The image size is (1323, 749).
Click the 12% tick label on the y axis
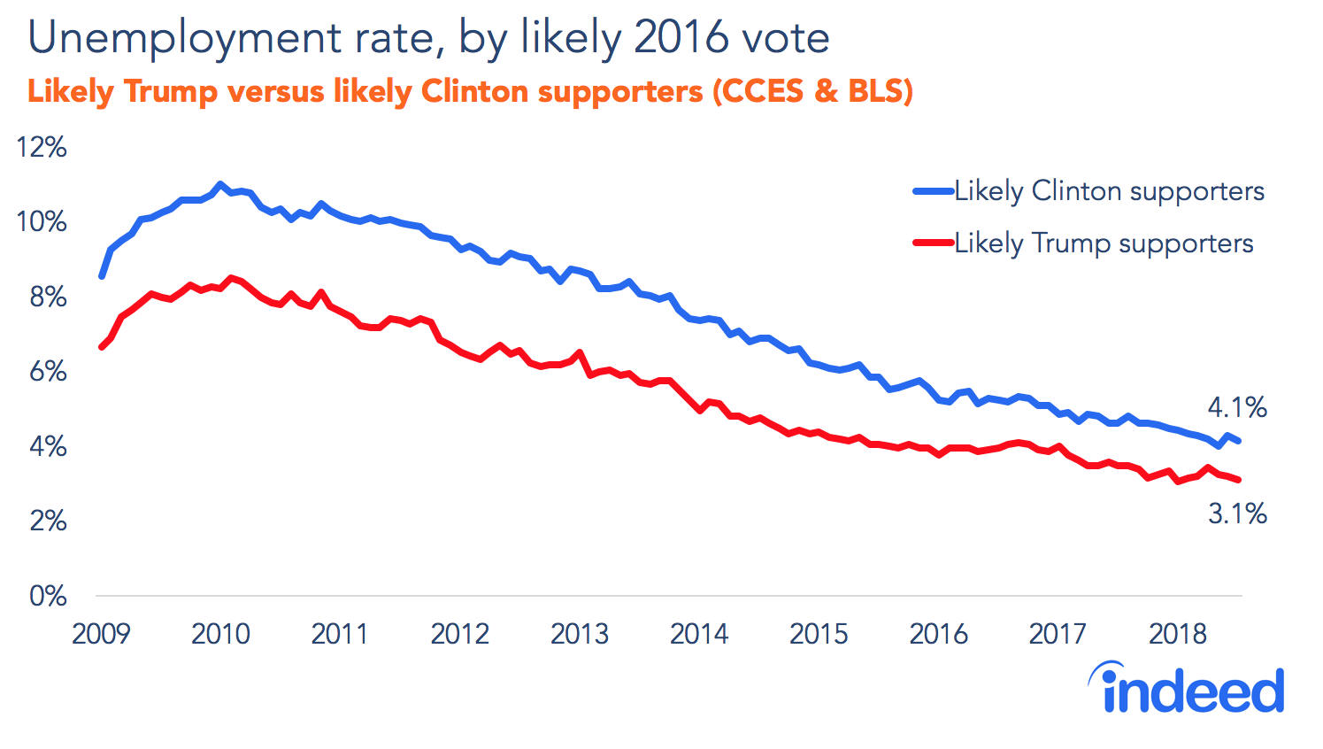42,147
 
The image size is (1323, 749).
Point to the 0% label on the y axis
48,596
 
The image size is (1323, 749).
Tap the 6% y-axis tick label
48,371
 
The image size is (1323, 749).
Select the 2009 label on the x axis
101,634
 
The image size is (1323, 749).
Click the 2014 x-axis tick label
699,634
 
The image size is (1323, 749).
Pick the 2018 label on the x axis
1177,634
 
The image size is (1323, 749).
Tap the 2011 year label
340,634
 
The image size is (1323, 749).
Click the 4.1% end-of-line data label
1236,407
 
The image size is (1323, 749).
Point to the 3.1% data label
1237,513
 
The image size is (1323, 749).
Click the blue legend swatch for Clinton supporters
933,190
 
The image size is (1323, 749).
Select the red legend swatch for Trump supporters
933,243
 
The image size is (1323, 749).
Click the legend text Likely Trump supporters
1104,243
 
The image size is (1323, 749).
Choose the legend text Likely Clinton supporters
1109,191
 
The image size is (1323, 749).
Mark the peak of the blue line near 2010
220,184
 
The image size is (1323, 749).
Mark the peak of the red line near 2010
231,278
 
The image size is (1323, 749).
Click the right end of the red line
1239,480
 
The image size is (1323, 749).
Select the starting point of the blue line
102,276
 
